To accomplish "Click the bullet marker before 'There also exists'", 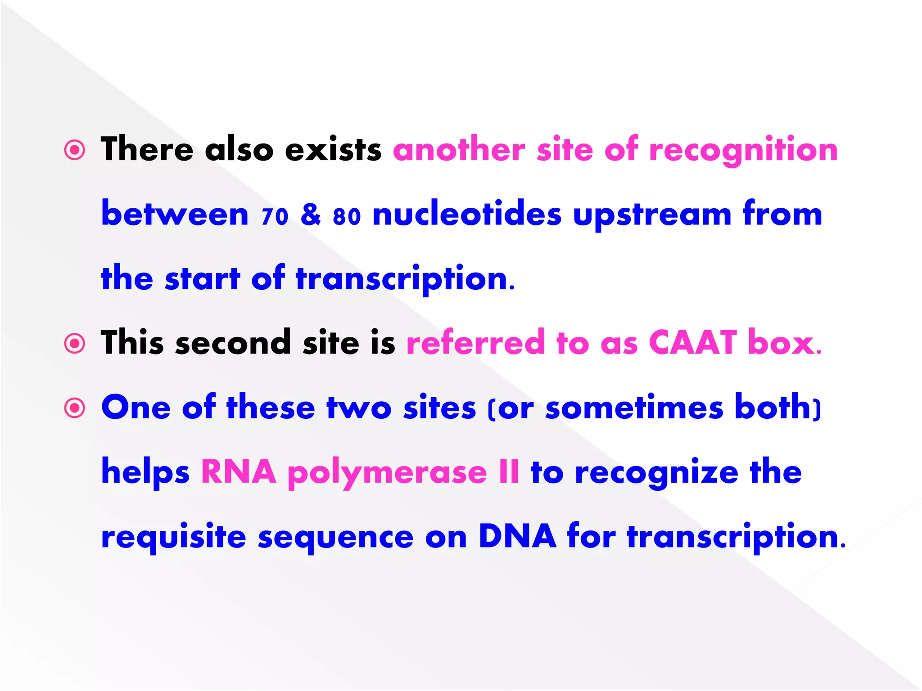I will pyautogui.click(x=75, y=150).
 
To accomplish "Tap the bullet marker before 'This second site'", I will pyautogui.click(x=75, y=344).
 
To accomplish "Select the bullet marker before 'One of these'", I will pyautogui.click(x=75, y=408).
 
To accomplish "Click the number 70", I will pyautogui.click(x=275, y=216).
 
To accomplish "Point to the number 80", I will pyautogui.click(x=347, y=216).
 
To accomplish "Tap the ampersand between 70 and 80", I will pyautogui.click(x=311, y=215).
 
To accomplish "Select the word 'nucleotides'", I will pyautogui.click(x=467, y=214).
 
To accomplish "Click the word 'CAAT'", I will pyautogui.click(x=692, y=343).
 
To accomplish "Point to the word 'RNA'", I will pyautogui.click(x=239, y=472).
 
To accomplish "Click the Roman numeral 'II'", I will pyautogui.click(x=509, y=472).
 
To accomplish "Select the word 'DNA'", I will pyautogui.click(x=517, y=536).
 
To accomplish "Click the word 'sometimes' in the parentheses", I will pyautogui.click(x=634, y=408).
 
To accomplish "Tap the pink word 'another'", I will pyautogui.click(x=459, y=150).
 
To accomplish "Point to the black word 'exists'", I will pyautogui.click(x=333, y=150).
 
